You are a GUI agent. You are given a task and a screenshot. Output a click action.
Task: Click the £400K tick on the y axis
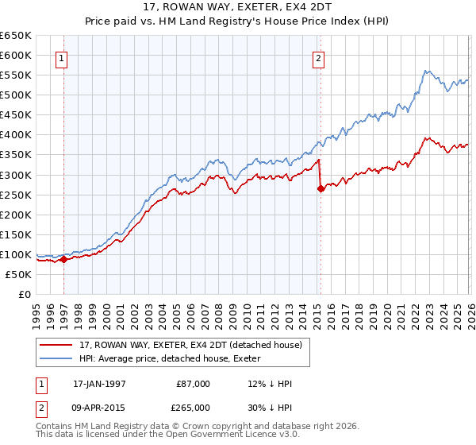click(x=16, y=135)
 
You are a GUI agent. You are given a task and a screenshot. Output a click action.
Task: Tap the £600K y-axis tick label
click(x=16, y=56)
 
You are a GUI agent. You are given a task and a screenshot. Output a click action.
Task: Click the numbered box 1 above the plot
click(x=62, y=57)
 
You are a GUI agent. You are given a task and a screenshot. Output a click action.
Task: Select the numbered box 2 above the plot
click(x=318, y=57)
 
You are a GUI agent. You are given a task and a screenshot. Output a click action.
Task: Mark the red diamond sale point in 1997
click(x=63, y=259)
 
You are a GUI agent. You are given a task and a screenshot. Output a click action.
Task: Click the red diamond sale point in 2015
click(x=321, y=188)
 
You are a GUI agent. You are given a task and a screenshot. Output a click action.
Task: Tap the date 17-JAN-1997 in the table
click(x=99, y=384)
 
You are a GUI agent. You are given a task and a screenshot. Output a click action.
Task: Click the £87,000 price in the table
click(x=194, y=384)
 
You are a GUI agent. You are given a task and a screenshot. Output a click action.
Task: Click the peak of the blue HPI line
click(x=426, y=71)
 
